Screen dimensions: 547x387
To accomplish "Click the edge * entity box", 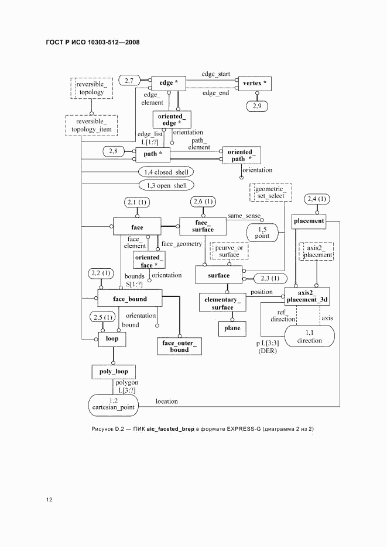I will [x=169, y=83].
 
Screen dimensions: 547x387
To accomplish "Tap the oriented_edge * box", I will [x=171, y=120].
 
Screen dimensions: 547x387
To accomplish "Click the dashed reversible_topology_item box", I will [x=91, y=125].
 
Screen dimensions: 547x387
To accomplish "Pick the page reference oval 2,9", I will [x=257, y=106].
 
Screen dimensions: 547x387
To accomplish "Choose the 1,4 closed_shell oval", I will [x=165, y=172].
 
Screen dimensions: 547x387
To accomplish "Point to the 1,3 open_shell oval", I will [x=165, y=185].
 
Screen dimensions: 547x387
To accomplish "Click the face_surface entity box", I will [x=203, y=226].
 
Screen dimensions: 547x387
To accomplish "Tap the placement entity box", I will [x=309, y=221].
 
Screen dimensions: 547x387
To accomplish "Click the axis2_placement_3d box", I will [x=307, y=296].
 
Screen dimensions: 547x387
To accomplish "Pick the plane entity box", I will [x=232, y=328].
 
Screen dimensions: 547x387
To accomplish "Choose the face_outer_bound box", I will [x=179, y=346].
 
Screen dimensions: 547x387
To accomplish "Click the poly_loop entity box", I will [x=114, y=371].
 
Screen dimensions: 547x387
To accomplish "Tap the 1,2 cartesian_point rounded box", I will [x=113, y=403].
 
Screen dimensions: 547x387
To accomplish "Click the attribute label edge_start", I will [x=216, y=74].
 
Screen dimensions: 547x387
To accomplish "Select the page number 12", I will [x=50, y=499].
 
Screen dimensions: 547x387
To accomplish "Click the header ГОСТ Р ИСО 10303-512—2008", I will [x=88, y=43].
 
